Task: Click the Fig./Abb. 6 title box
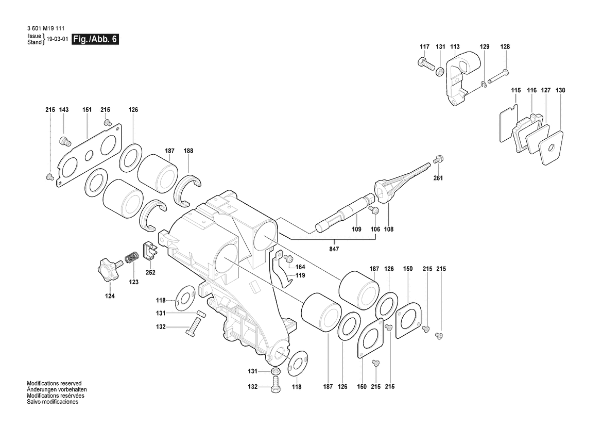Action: (95, 39)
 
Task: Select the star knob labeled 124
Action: (110, 270)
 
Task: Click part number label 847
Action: (334, 249)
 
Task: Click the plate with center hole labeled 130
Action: (552, 148)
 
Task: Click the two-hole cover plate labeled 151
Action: (89, 156)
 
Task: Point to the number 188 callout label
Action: (188, 151)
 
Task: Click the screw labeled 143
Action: (64, 141)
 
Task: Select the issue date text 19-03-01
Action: (57, 39)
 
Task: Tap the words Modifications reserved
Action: (54, 383)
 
